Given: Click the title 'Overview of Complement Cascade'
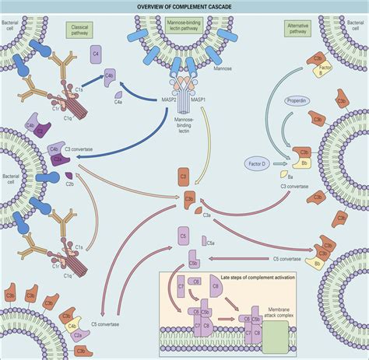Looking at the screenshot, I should point(184,7).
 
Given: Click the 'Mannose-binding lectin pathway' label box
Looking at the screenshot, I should point(184,38).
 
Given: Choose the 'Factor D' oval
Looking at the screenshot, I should point(259,164).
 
